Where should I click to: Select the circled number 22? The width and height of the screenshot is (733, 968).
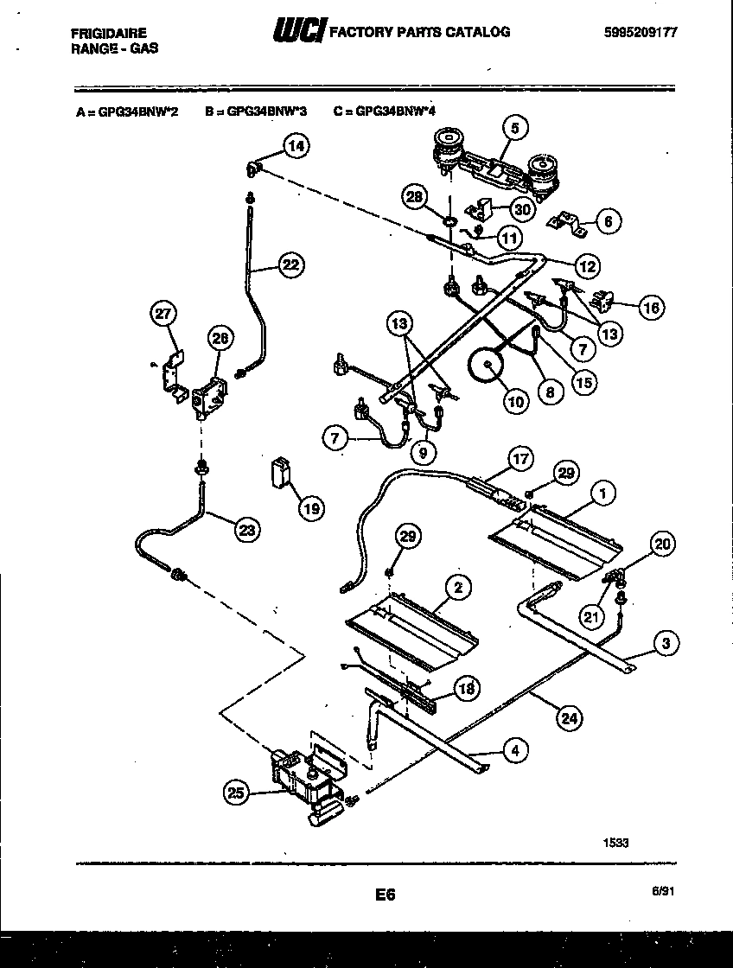pyautogui.click(x=291, y=265)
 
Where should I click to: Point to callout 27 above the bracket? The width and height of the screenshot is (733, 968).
pyautogui.click(x=163, y=315)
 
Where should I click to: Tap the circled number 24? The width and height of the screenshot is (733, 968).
pyautogui.click(x=570, y=716)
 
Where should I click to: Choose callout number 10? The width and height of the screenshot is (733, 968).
pyautogui.click(x=515, y=401)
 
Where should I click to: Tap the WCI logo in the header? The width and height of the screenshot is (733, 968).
pyautogui.click(x=298, y=32)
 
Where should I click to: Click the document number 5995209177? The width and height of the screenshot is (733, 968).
pyautogui.click(x=641, y=32)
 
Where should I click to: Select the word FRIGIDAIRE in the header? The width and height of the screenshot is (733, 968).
pyautogui.click(x=108, y=33)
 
